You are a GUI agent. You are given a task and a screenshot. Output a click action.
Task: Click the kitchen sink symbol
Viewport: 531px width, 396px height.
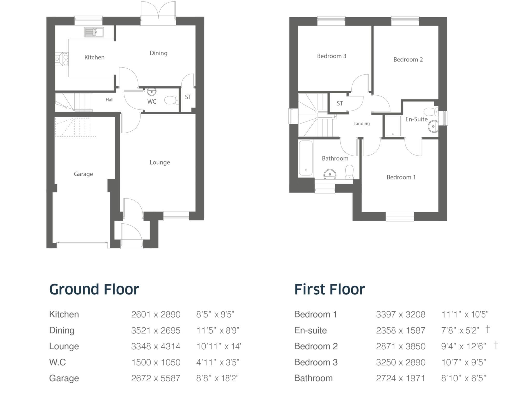94,32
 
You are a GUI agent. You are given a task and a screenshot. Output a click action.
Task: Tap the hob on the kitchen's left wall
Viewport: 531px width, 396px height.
62,59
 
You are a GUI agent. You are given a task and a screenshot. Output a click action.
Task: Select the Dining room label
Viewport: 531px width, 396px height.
158,53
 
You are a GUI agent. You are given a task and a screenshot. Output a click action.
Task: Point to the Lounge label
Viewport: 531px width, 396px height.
160,162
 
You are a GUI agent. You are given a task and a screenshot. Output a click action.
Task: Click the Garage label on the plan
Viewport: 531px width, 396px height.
83,174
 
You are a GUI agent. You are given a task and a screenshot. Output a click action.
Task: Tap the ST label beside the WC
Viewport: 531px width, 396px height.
188,97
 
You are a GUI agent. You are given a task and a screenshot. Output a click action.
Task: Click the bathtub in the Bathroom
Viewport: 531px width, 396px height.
305,158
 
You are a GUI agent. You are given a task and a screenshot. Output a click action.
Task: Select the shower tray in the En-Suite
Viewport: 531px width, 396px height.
393,126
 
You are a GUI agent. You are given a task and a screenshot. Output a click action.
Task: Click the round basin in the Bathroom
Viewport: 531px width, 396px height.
330,174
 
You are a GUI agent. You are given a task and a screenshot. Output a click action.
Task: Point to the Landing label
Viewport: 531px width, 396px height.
361,124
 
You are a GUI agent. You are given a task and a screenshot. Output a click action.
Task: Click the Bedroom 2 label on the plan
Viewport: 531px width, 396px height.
408,60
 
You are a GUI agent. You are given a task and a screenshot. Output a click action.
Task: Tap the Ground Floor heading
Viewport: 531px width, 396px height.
94,289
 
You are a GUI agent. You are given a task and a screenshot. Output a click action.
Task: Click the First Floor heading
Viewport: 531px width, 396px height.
330,289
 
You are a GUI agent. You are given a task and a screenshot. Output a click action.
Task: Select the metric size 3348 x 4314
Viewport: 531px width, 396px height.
156,346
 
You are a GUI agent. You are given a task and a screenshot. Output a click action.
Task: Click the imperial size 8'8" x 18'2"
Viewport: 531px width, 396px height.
217,378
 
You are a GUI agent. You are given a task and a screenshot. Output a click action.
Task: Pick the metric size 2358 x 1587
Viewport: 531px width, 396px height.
401,330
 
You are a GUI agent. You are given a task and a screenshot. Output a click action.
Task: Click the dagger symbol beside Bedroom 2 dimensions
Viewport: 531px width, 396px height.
495,345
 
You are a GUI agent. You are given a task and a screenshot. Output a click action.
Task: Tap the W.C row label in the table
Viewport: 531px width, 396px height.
58,362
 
